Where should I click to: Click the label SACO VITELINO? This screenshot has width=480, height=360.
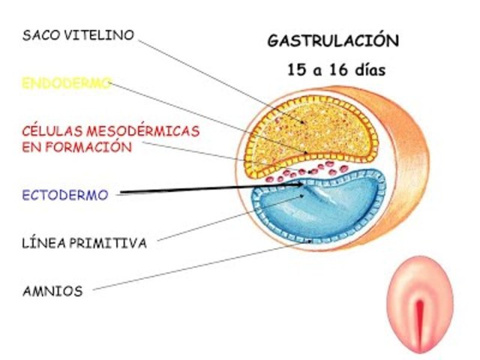tap(78, 35)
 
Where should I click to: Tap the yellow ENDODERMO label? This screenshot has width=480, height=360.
tap(67, 82)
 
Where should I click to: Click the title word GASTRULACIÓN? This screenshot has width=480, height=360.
tap(333, 40)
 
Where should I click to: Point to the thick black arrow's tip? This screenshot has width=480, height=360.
tap(304, 182)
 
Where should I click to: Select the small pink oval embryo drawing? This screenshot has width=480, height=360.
tap(420, 304)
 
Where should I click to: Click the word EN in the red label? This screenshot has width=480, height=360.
tap(31, 147)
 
